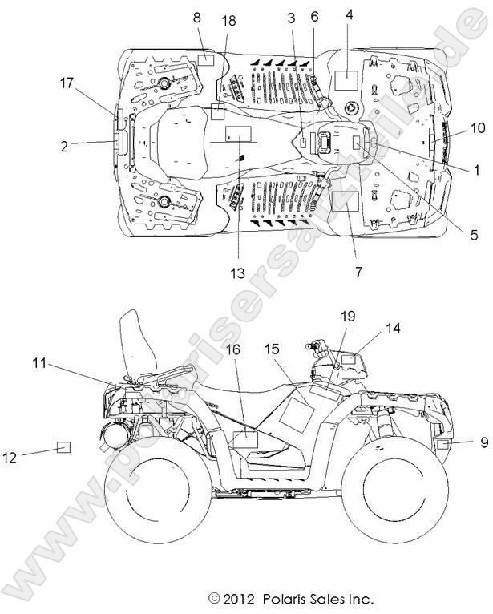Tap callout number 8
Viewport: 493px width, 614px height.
(x=197, y=17)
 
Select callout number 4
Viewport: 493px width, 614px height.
(x=350, y=14)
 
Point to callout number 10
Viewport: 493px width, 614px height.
(x=478, y=127)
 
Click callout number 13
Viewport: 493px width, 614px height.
(x=238, y=273)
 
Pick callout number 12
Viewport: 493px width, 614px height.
(x=10, y=457)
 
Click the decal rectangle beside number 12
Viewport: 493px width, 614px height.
(x=63, y=447)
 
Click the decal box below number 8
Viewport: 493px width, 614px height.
(x=206, y=58)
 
